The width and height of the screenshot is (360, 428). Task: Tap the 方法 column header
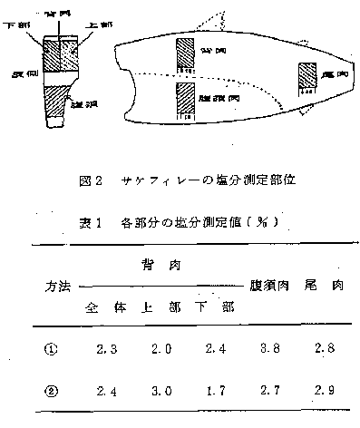62,284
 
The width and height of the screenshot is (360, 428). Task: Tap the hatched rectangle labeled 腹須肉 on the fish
188,97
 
